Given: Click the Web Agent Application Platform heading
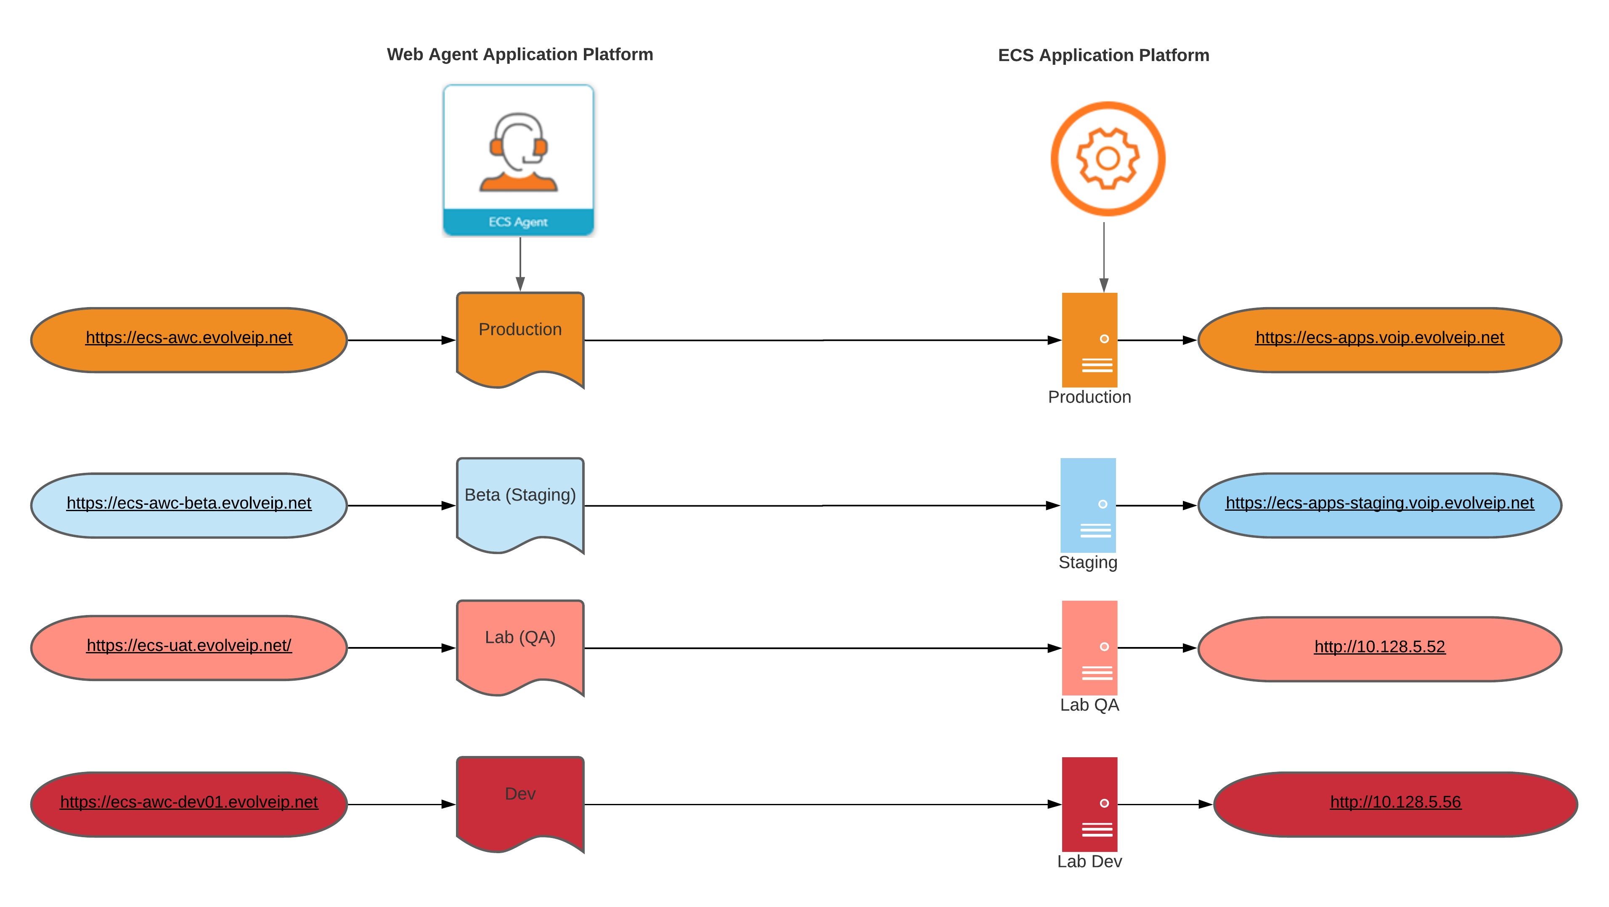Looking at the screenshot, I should coord(520,54).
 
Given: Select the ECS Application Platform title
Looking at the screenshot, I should coord(1103,55).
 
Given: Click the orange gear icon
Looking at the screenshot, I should coord(1108,159).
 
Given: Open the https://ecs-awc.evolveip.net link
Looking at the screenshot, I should coord(188,337).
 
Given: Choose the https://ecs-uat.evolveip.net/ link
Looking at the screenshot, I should coord(188,645).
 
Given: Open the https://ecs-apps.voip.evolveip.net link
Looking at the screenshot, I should coord(1379,337).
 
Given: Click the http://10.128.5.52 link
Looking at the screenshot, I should coord(1379,647).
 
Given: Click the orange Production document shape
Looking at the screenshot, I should coord(520,337).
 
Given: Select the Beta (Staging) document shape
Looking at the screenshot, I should coord(520,503).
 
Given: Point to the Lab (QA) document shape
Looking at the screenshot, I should coord(520,645).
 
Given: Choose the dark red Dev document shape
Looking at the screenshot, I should coord(520,801).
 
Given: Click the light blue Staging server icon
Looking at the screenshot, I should coord(1087,505).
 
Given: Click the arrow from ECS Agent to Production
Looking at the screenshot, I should coord(520,263).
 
